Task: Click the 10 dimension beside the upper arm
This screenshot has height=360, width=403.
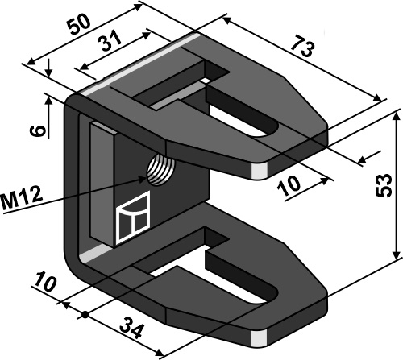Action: click(x=289, y=188)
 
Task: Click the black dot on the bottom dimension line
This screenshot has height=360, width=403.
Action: click(x=85, y=312)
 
